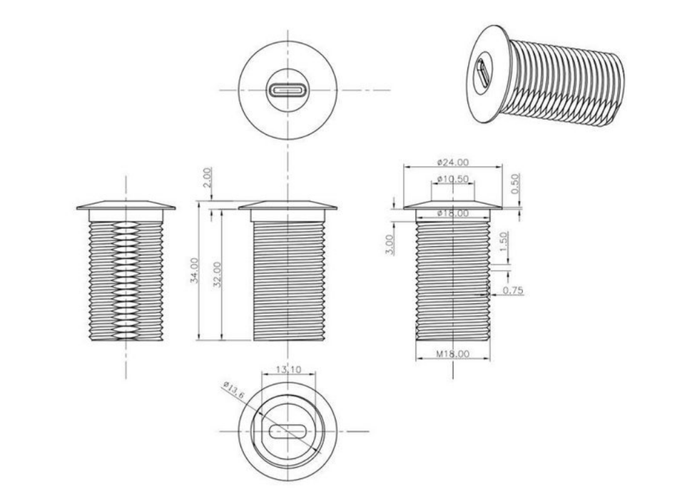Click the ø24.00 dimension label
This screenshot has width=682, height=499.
tap(453, 163)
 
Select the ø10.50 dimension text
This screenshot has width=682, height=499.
tap(453, 179)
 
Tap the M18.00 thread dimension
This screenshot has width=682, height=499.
tap(453, 354)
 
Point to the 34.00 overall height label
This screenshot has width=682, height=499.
tap(195, 270)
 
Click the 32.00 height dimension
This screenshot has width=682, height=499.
tap(218, 274)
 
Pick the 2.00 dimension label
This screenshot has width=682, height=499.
tap(208, 177)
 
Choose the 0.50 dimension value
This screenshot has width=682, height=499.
tap(515, 184)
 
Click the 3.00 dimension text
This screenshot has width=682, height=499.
tap(390, 245)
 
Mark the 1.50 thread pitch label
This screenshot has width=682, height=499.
tap(503, 242)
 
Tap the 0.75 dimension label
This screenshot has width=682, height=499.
tap(513, 290)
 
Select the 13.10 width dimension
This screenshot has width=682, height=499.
tap(288, 370)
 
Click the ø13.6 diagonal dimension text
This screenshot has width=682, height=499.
tap(234, 390)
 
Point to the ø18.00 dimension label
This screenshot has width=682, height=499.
tap(453, 213)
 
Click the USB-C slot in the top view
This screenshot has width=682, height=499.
tap(288, 91)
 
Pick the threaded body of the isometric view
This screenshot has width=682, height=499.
tap(566, 83)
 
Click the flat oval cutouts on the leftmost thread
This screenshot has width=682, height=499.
tap(126, 280)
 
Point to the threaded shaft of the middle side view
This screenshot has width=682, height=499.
tap(289, 281)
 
